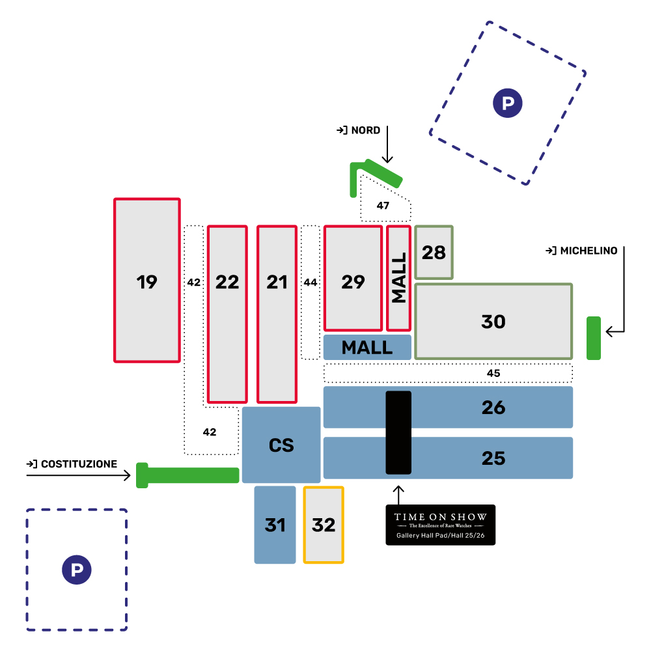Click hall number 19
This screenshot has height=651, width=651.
pos(147,281)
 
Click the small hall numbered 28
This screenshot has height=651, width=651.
pos(434,253)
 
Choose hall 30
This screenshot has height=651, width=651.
pos(493,322)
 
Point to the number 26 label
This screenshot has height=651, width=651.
pos(493,408)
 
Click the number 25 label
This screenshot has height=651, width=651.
pos(493,458)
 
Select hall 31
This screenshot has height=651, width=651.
pos(275,525)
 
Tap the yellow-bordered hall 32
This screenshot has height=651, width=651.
pos(324,525)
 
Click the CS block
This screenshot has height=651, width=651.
pos(281,445)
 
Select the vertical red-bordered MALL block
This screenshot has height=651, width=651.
pos(398,278)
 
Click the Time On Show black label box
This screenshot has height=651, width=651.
pos(440,525)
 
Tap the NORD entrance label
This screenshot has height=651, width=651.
pos(359,131)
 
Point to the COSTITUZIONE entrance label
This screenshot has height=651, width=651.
pos(72,464)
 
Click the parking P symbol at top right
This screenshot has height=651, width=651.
pos(508,103)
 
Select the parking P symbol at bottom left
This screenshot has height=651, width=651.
pos(77,570)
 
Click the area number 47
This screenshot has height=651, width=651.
pos(383,206)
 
